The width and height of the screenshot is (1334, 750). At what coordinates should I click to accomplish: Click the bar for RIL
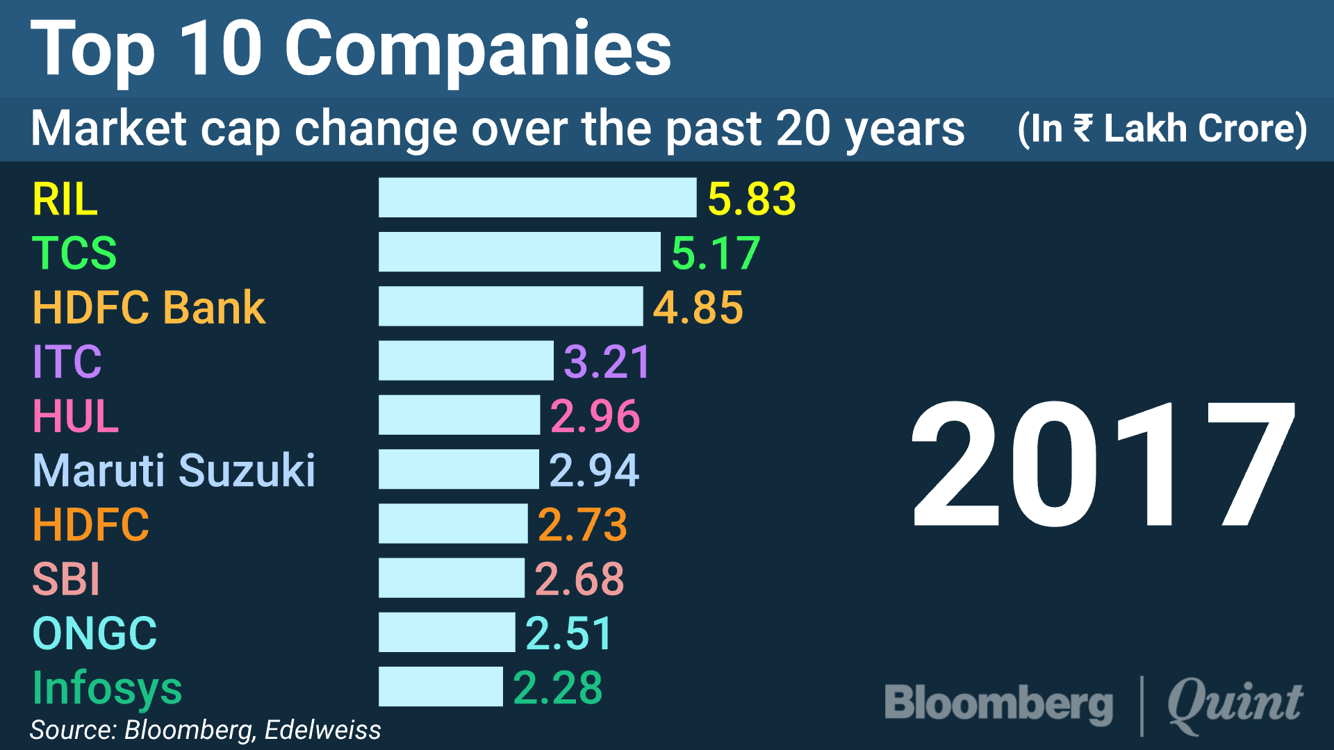(537, 197)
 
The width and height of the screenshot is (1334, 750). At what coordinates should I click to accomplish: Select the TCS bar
(519, 251)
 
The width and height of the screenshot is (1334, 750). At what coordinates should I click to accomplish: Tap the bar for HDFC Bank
(511, 306)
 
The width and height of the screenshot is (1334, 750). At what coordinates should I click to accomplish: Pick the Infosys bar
(440, 687)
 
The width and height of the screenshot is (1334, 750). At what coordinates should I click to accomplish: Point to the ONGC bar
(447, 632)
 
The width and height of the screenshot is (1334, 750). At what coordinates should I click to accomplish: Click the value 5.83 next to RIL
(751, 199)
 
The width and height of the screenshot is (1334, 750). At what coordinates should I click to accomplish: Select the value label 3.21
(607, 362)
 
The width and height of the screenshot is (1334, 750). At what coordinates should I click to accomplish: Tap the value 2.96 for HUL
(595, 416)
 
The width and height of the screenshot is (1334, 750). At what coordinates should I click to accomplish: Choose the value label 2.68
(579, 578)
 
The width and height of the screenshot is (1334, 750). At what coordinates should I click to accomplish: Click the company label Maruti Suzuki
(174, 470)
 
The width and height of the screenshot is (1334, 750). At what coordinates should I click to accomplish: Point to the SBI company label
(67, 578)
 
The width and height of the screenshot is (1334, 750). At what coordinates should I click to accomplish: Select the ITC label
(67, 361)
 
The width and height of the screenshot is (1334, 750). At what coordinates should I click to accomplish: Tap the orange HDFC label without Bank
(91, 524)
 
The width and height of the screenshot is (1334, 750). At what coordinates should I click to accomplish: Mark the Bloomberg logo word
(998, 703)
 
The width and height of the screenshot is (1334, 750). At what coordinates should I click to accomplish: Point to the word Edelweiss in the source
(322, 730)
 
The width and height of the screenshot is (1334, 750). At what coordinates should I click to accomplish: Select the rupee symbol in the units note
(1082, 128)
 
